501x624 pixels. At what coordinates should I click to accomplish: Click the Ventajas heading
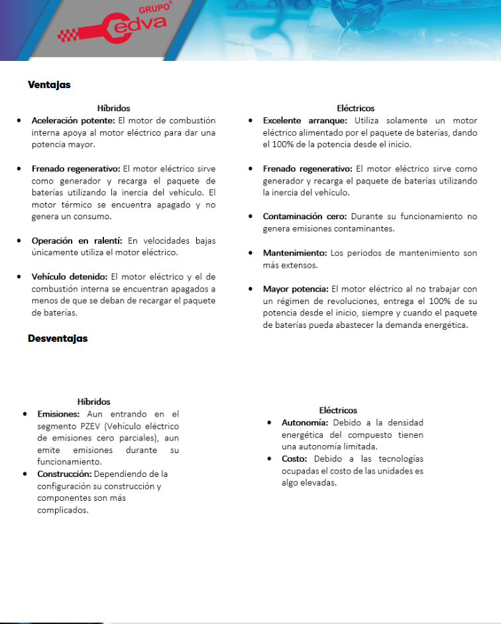pyautogui.click(x=49, y=85)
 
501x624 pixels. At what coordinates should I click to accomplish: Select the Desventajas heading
pyautogui.click(x=58, y=338)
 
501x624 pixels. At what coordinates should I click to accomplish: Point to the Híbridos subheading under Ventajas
pyautogui.click(x=113, y=108)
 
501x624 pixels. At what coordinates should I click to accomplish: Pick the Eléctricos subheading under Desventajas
pyautogui.click(x=338, y=411)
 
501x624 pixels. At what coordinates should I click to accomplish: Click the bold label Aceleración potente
pyautogui.click(x=74, y=121)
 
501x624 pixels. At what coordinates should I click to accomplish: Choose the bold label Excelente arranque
pyautogui.click(x=305, y=121)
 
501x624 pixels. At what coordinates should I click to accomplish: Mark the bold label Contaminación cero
pyautogui.click(x=304, y=217)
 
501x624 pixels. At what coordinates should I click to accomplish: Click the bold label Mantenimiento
pyautogui.click(x=294, y=253)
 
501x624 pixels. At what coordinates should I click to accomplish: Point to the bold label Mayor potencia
pyautogui.click(x=295, y=289)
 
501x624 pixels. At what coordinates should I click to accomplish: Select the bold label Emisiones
pyautogui.click(x=58, y=414)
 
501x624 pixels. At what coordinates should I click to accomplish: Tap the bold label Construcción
pyautogui.click(x=64, y=474)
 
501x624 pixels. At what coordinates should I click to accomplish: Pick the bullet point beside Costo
pyautogui.click(x=270, y=459)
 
